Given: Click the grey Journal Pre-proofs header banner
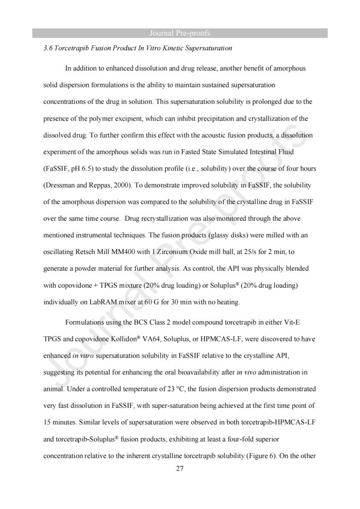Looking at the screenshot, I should click(180, 33).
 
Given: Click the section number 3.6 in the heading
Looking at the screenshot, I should click(48, 48).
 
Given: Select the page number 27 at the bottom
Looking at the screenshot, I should click(180, 469).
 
